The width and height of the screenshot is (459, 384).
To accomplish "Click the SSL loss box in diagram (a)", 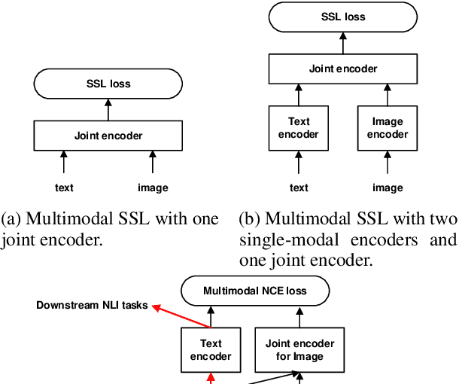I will coord(108,84).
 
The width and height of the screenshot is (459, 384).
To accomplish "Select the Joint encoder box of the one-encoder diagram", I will coord(108,136).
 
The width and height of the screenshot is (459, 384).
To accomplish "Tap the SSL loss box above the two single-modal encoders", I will coord(343,16).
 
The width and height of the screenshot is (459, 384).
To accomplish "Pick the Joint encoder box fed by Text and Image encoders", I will coord(343,69).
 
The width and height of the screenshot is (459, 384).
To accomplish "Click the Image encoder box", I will coord(388,128).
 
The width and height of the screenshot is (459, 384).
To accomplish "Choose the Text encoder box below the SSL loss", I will coord(299,128).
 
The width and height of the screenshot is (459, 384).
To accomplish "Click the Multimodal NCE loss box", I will coord(255,290).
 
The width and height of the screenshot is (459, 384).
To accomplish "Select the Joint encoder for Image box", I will coord(299,349).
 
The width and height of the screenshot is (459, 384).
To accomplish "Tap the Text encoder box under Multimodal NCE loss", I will coord(211,349).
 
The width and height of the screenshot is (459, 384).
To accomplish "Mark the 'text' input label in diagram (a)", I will coord(64,187).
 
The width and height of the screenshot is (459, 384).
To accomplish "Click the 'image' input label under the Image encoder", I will coord(388,187).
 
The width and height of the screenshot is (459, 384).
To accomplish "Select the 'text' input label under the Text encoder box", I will coord(299,187).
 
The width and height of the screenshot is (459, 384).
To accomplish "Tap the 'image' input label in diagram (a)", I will coord(154,187).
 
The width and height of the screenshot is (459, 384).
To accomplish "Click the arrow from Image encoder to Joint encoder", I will coord(388,95).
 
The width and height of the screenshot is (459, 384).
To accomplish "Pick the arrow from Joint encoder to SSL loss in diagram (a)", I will coord(108,110).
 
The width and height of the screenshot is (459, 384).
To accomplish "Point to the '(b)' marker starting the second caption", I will coord(250,219).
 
